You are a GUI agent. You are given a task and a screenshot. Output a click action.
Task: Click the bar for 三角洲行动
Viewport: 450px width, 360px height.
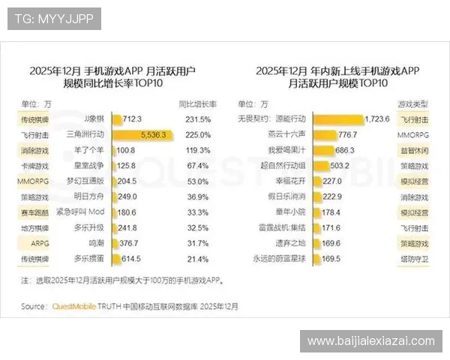click(142, 135)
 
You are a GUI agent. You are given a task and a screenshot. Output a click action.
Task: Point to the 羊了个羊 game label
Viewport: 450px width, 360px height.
click(89, 150)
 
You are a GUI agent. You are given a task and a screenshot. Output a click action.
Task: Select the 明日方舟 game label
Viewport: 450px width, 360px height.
click(89, 196)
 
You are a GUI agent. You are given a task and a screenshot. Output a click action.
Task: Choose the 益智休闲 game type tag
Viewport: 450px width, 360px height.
click(413, 150)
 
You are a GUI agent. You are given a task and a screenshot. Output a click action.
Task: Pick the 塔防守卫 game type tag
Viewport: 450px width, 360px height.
click(413, 259)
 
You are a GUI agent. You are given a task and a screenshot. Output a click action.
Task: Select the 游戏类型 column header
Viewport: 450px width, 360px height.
click(413, 103)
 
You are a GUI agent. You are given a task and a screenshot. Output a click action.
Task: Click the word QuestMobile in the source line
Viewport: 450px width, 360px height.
click(75, 305)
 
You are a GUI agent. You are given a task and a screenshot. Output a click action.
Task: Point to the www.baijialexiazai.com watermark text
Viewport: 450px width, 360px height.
click(371, 341)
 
